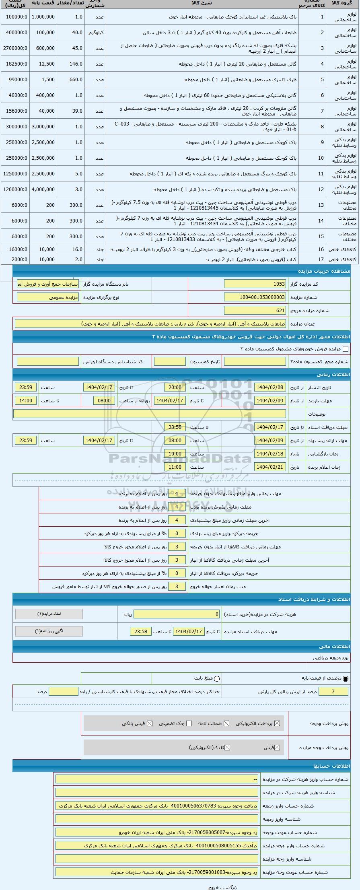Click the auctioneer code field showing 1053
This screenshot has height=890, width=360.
pos(255,284)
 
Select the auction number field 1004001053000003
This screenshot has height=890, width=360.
pos(255,297)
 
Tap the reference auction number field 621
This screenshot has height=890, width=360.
pos(255,310)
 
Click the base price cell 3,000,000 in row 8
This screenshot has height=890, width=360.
pos(43,127)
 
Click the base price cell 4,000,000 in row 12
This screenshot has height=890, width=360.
pos(43,189)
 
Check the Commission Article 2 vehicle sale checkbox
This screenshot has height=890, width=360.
pos(345,349)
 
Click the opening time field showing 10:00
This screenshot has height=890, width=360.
pos(175,453)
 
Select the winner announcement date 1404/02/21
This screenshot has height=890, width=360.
pos(269,467)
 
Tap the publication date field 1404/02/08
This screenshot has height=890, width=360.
pos(269,387)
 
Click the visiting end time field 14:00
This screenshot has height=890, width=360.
pos(25,400)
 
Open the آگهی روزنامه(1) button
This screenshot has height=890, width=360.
pos(49,631)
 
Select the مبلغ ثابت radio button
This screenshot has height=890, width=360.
pos(217,678)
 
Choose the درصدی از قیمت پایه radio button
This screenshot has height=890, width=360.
pos(346,678)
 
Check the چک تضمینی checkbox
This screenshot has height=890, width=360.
pos(189,723)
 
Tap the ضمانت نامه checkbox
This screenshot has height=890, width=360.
pos(226,723)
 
